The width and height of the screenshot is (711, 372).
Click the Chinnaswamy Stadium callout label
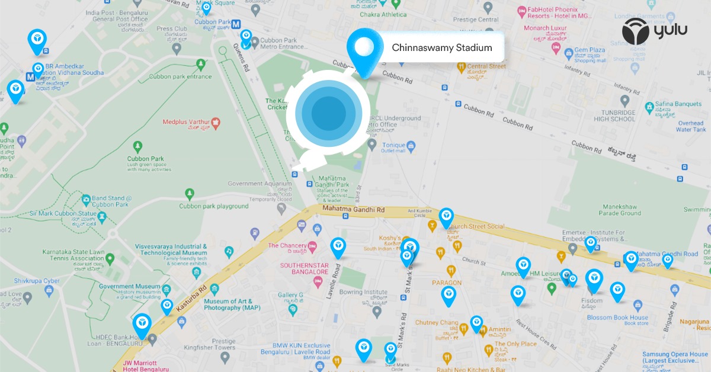tap(441, 47)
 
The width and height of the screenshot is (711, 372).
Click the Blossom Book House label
tap(617, 318)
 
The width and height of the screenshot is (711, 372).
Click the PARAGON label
tap(446, 283)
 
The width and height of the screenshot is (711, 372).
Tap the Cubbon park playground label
tap(214, 206)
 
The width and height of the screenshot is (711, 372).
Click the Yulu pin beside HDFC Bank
tap(142, 323)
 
